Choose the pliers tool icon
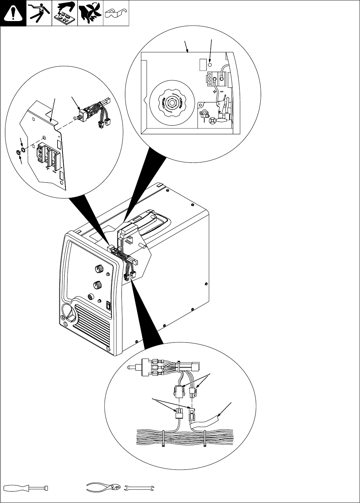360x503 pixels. [x=104, y=488]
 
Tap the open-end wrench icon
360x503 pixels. [x=139, y=488]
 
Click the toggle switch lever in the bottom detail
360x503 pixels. [x=134, y=368]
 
